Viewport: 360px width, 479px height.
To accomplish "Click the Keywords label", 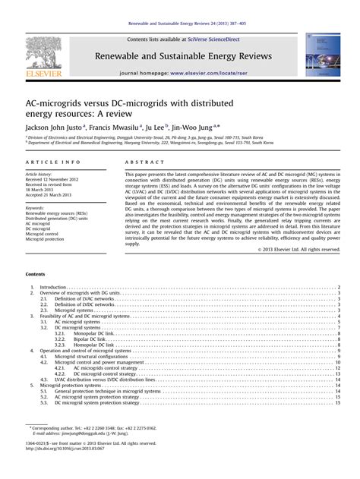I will tap(35, 207).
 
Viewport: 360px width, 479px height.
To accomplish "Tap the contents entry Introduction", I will tap(53, 288).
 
